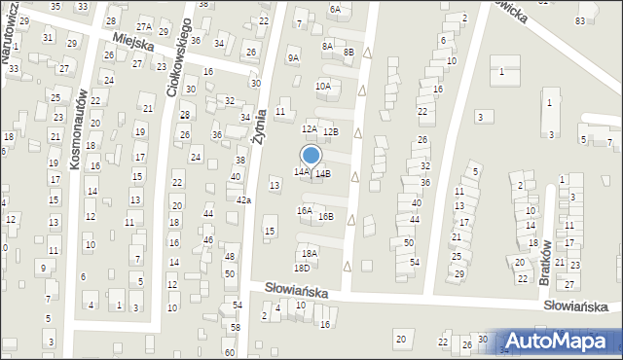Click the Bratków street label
click(x=546, y=257)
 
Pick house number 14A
click(x=302, y=171)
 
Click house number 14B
click(x=323, y=174)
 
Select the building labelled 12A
click(x=310, y=128)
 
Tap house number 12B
click(x=331, y=131)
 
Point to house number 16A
click(x=305, y=210)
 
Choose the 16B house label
click(x=326, y=217)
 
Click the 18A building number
click(x=310, y=252)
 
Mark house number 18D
click(x=303, y=268)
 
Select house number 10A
click(x=323, y=87)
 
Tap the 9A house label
click(x=294, y=57)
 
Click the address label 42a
click(x=244, y=199)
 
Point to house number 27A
click(x=144, y=27)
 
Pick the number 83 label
click(x=581, y=20)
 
